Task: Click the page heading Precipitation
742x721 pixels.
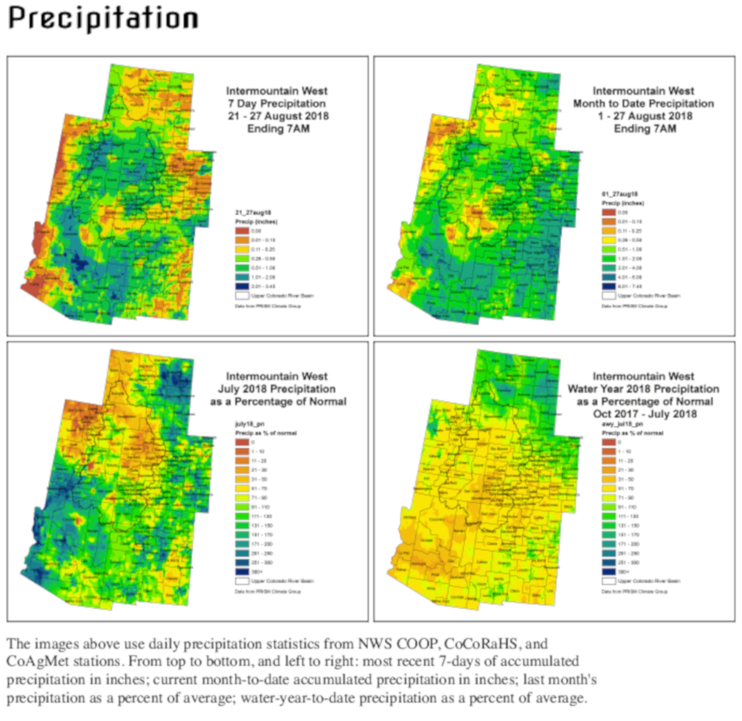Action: [x=103, y=19]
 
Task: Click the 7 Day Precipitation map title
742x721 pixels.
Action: [x=276, y=103]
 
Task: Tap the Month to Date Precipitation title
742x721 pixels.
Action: [x=643, y=103]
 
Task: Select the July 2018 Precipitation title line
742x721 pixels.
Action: [x=276, y=389]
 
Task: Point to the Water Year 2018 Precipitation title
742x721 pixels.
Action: [x=643, y=389]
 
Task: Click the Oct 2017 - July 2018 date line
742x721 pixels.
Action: [x=644, y=414]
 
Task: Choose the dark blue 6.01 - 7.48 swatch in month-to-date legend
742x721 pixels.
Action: [x=608, y=287]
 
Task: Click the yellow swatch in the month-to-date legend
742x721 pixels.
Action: [x=608, y=240]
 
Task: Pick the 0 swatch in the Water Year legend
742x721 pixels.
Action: [x=608, y=443]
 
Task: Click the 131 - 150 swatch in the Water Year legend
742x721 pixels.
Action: [x=608, y=525]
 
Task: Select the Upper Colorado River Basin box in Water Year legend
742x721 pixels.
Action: [x=608, y=581]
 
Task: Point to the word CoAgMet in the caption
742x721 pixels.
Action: [x=36, y=662]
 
